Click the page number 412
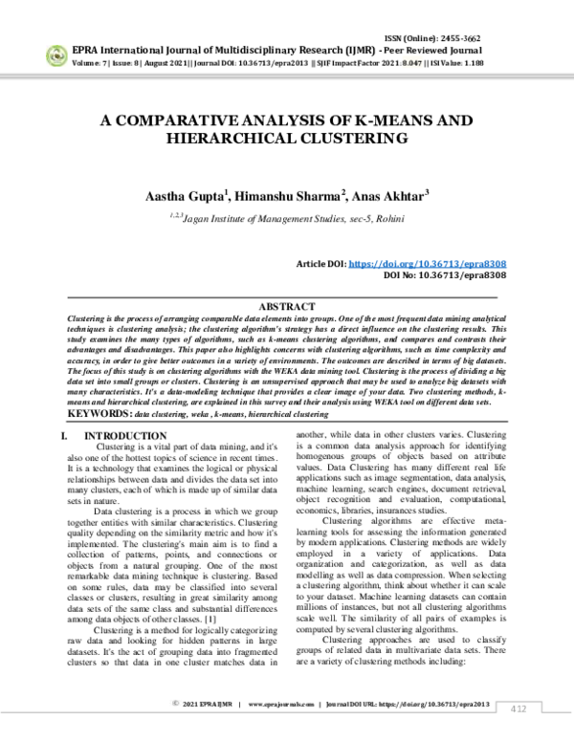[x=518, y=708]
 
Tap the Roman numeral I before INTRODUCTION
[x=64, y=435]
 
